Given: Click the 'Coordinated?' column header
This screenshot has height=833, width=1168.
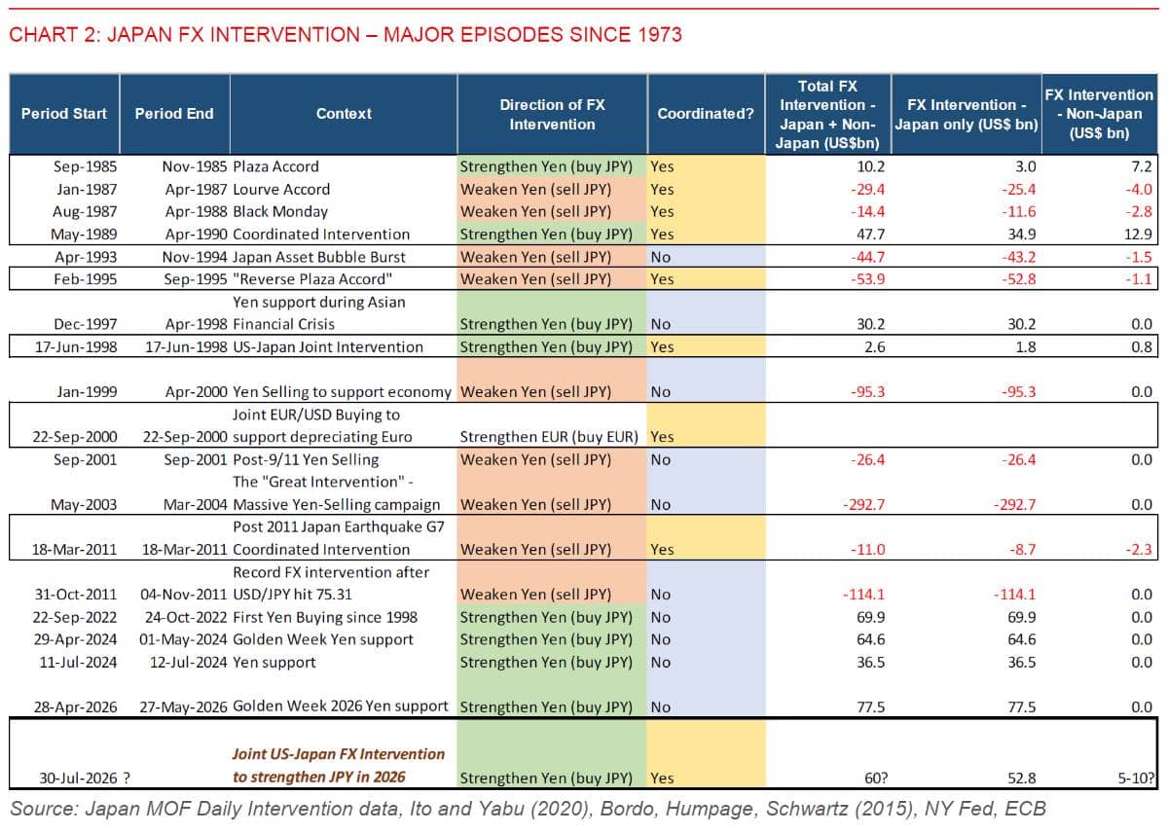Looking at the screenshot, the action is [706, 114].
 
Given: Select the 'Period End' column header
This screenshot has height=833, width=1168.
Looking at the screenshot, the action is [174, 114].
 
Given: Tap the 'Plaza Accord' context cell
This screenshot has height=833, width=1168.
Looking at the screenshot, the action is [275, 166].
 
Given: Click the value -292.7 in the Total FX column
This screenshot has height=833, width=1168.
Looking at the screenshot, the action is [863, 505].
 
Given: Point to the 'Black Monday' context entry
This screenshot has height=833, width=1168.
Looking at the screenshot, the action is [280, 211].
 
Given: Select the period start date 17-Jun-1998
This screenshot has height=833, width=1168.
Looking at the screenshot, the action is [76, 347].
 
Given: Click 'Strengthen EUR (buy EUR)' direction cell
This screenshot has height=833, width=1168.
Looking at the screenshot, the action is [549, 437].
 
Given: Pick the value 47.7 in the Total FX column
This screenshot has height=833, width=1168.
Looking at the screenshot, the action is [871, 235].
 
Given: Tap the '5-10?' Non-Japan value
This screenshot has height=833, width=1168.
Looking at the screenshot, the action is [1136, 779].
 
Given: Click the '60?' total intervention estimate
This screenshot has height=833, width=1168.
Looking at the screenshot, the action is [875, 779].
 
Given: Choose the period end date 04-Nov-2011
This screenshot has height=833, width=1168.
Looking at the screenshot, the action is [184, 595].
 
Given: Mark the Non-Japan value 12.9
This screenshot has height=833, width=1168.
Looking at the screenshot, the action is [1138, 235].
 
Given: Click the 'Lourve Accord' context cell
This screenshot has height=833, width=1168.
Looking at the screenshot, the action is [281, 189].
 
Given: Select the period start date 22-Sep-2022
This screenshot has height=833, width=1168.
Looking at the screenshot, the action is [75, 617].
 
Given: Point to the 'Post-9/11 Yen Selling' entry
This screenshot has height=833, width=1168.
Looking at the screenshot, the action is [306, 459].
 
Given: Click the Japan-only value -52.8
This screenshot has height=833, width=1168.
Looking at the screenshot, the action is [1018, 279].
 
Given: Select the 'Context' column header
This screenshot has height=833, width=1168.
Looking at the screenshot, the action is [344, 114].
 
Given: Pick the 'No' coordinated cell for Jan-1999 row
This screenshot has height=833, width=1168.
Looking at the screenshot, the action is [661, 392].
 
